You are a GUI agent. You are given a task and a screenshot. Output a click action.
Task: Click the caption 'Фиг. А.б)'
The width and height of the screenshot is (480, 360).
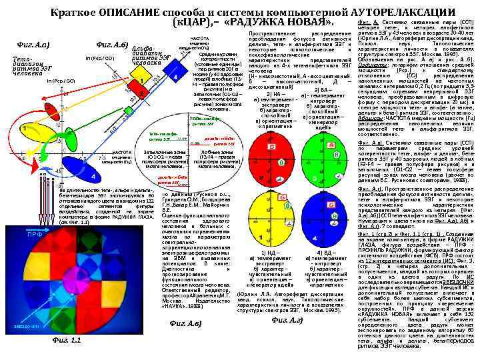(x=111, y=45)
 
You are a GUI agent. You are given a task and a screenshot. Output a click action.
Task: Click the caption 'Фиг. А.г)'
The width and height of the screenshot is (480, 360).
(x=287, y=320)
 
